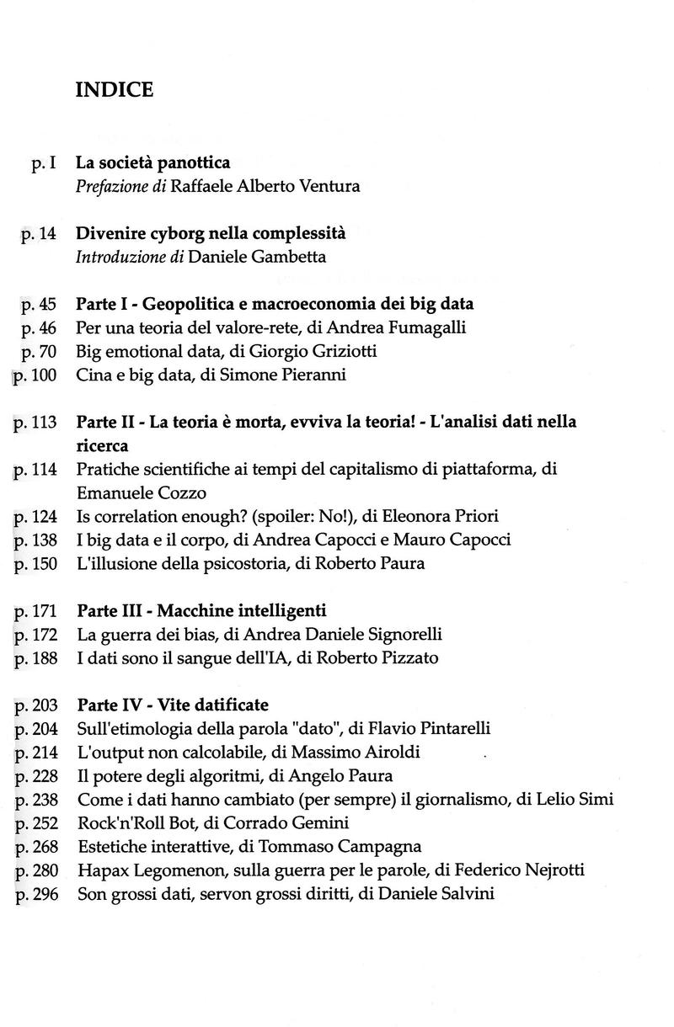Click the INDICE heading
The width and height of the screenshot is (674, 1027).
(115, 90)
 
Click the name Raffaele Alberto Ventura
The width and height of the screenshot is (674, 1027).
(265, 186)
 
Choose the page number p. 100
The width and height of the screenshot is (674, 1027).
(35, 375)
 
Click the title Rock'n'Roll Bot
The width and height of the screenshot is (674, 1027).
(128, 822)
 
